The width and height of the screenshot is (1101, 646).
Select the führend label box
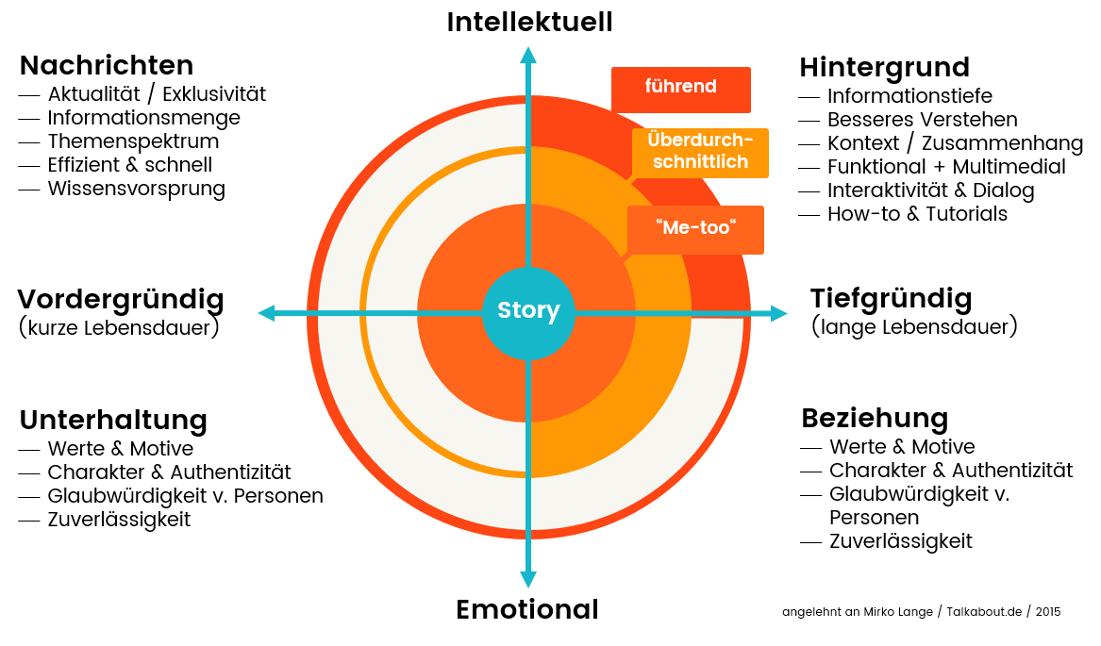680,90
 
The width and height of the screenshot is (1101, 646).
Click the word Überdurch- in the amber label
700,141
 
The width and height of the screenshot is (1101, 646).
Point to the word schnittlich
700,162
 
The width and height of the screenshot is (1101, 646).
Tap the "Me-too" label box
695,229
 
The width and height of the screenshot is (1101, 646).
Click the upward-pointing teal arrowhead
528,55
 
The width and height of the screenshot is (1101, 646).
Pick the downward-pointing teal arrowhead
528,578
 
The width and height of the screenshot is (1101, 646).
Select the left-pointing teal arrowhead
267,313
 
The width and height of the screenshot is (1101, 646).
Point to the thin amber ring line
362,313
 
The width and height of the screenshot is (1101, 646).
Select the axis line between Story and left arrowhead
396,313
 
